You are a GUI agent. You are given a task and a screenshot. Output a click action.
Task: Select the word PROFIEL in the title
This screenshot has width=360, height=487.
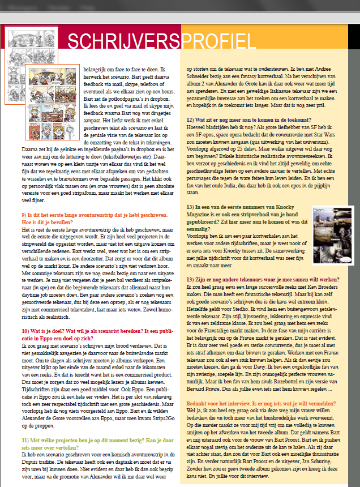[218, 41]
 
